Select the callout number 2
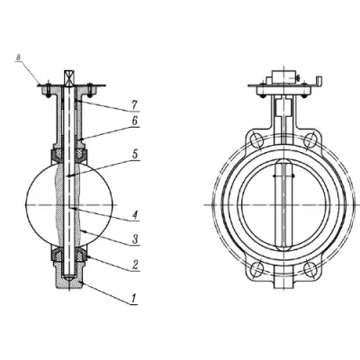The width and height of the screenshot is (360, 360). pyautogui.click(x=135, y=265)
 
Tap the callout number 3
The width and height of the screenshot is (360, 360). pyautogui.click(x=135, y=239)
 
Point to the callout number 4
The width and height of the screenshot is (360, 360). pyautogui.click(x=135, y=215)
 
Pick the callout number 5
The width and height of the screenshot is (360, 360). pyautogui.click(x=135, y=155)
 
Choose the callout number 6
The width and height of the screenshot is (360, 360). pyautogui.click(x=135, y=121)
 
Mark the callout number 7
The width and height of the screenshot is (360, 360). pyautogui.click(x=134, y=105)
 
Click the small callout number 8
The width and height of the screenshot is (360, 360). pyautogui.click(x=19, y=58)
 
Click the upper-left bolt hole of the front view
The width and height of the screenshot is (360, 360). pyautogui.click(x=257, y=139)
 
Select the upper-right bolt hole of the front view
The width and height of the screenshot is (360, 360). pyautogui.click(x=310, y=139)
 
